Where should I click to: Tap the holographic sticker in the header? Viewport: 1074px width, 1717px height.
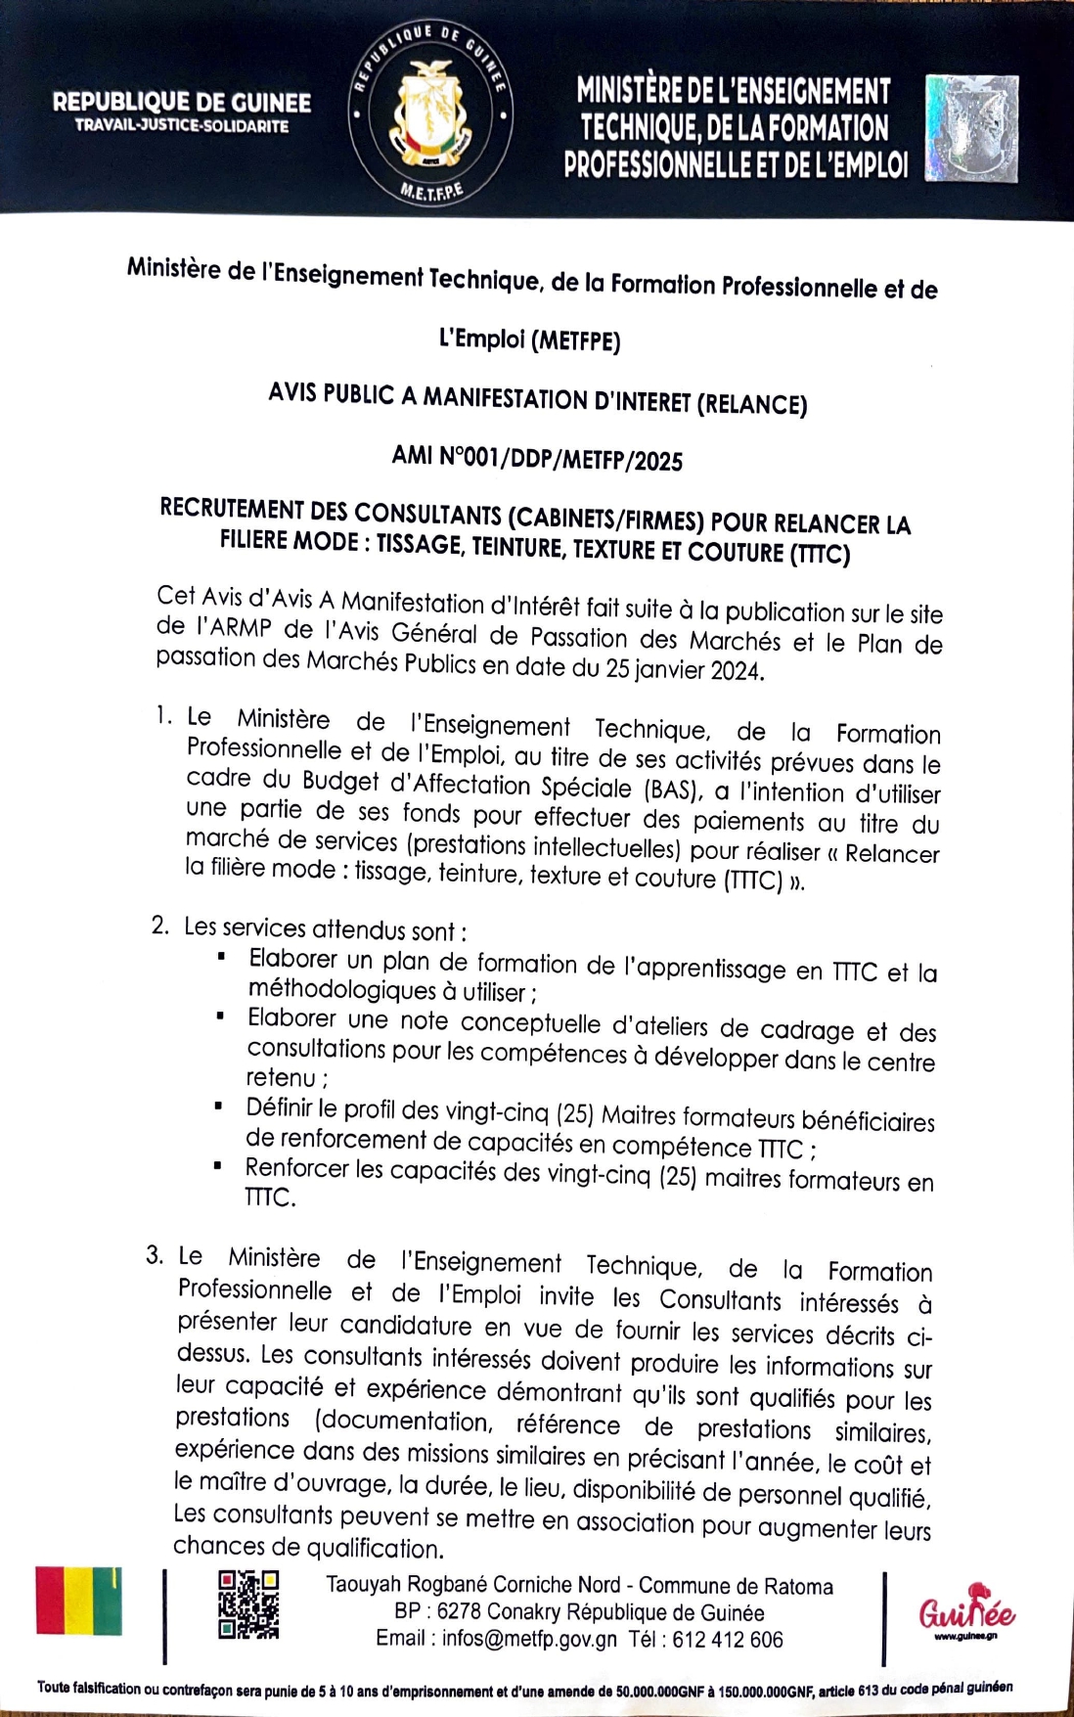tap(971, 129)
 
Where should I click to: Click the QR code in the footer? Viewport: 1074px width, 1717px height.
tap(248, 1604)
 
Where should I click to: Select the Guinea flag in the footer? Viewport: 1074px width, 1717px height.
tap(79, 1601)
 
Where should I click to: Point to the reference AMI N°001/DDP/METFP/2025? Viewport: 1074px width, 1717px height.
tap(537, 459)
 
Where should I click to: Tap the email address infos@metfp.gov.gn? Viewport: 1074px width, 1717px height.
tap(529, 1640)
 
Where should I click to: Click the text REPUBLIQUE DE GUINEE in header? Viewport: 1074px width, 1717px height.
tap(182, 103)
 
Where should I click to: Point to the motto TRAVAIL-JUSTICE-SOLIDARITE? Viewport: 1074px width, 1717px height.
tap(182, 126)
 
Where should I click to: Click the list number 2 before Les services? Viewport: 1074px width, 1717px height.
tap(160, 925)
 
